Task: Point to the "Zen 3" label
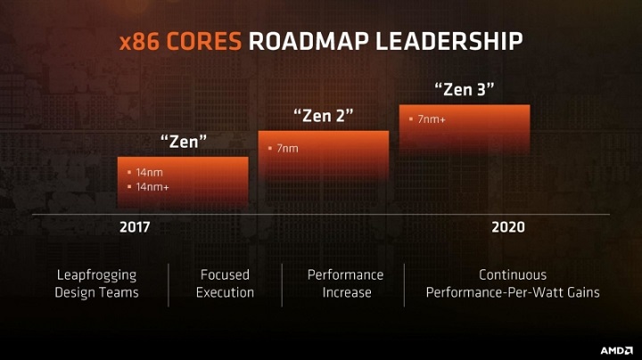pyautogui.click(x=464, y=90)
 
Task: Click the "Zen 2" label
pyautogui.click(x=323, y=116)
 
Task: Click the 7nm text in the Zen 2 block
pyautogui.click(x=287, y=148)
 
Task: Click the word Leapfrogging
pyautogui.click(x=96, y=274)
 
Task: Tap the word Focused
pyautogui.click(x=225, y=274)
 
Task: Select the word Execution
pyautogui.click(x=225, y=292)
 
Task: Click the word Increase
pyautogui.click(x=345, y=292)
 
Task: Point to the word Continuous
pyautogui.click(x=513, y=274)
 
